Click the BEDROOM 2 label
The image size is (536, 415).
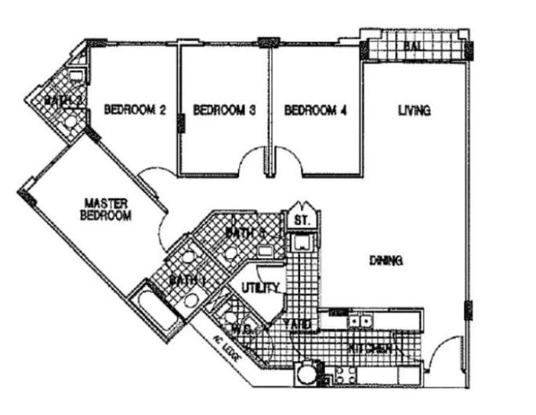135,111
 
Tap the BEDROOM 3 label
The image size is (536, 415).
225,111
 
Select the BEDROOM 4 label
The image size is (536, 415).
315,111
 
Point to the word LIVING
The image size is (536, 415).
414,111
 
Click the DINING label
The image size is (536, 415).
387,260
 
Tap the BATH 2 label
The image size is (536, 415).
61,100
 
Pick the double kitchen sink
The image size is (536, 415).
361,321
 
